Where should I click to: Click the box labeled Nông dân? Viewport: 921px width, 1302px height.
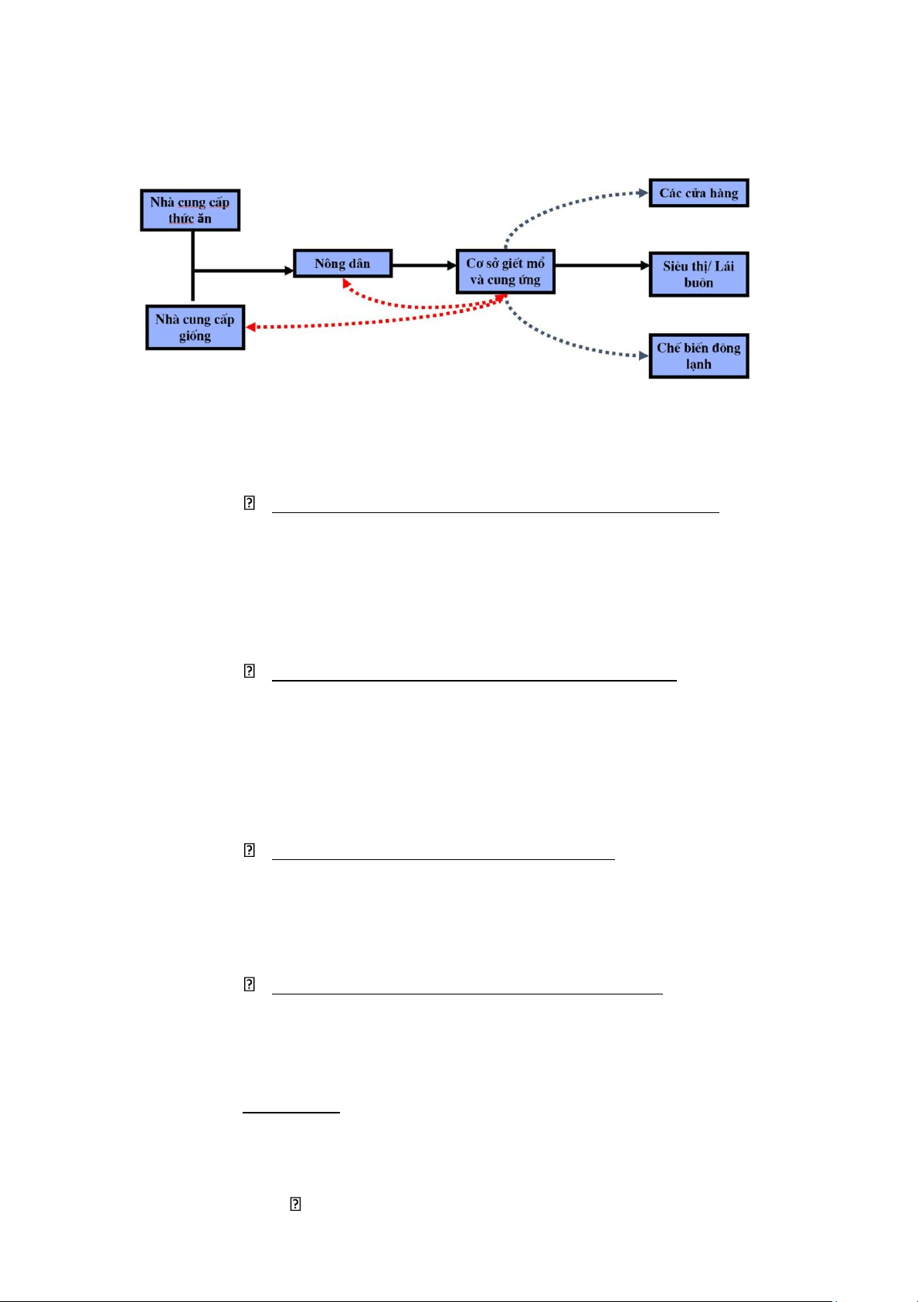[342, 263]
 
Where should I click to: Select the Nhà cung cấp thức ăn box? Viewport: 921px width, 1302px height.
[190, 210]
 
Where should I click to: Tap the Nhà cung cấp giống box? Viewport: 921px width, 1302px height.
[195, 328]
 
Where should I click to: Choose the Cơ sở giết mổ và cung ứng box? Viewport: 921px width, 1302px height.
[505, 271]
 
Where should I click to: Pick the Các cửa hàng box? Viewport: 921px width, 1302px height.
[698, 193]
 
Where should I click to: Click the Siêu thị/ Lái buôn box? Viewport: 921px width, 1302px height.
[698, 274]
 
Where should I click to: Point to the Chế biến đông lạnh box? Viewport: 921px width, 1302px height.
[698, 355]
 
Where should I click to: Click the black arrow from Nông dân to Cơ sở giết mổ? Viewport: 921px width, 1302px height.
[424, 266]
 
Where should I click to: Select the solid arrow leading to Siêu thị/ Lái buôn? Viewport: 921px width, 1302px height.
[602, 266]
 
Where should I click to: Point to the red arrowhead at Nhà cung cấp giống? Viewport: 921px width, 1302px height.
[250, 328]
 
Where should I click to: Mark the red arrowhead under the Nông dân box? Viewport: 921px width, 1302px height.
[345, 283]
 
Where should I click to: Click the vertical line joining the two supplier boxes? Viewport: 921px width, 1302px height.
[193, 266]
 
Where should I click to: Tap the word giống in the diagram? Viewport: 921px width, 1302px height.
[195, 337]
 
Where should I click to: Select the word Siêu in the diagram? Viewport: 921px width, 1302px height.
[676, 267]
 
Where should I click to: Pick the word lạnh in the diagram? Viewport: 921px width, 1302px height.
[698, 365]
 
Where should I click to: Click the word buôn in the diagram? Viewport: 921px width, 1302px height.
[698, 283]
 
